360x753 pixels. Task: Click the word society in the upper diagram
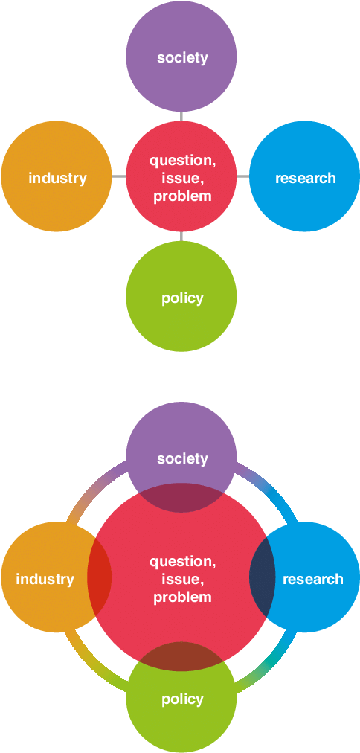click(182, 57)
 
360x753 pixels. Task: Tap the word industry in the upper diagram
click(57, 178)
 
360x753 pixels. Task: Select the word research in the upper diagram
click(305, 178)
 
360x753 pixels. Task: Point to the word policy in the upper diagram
click(182, 298)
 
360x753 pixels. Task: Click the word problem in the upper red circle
click(182, 196)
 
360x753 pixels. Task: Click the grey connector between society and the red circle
click(181, 116)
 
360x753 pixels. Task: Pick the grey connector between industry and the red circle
click(118, 177)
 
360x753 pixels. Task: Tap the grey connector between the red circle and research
click(243, 177)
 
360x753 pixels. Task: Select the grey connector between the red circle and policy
click(181, 237)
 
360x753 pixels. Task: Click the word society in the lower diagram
click(182, 458)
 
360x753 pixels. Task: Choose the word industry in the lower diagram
click(45, 579)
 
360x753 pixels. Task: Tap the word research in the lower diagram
click(313, 579)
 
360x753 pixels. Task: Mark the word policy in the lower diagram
click(182, 699)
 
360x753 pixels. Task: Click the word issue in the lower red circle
click(182, 579)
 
